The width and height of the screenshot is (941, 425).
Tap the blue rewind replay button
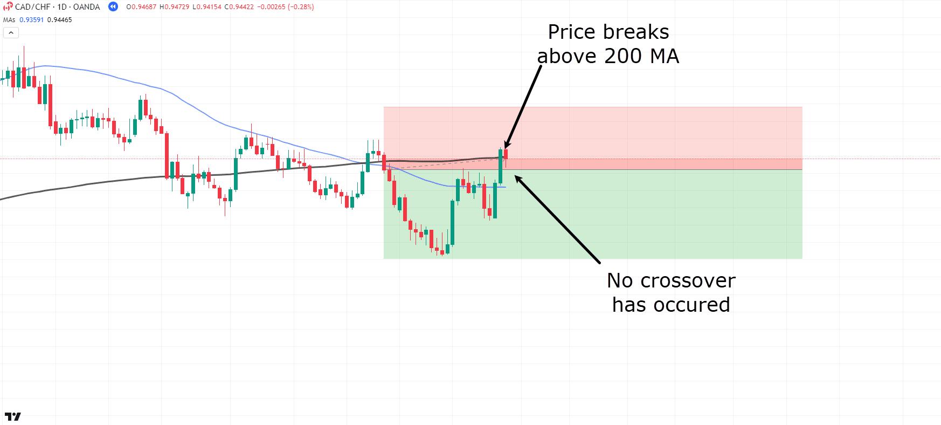click(113, 7)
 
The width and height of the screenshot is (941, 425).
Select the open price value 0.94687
click(141, 7)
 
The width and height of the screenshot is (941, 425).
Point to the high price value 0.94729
click(178, 7)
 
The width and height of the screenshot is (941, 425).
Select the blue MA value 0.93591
click(31, 20)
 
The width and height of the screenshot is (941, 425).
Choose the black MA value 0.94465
click(59, 20)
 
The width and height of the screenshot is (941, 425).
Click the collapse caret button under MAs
click(11, 33)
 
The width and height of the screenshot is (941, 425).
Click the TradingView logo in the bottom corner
click(13, 416)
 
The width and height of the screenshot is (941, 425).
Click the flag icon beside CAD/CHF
click(8, 7)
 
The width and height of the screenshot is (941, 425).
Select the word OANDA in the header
click(87, 7)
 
